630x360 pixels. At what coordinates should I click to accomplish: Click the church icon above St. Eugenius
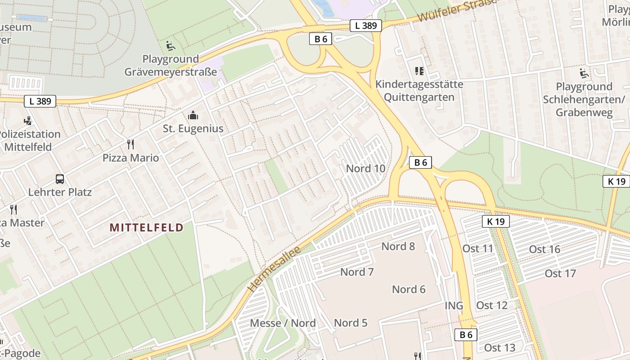193,116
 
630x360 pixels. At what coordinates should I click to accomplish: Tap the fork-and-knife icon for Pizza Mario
131,144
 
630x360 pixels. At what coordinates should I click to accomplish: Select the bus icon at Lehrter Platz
60,179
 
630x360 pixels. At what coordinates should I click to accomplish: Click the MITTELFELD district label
147,228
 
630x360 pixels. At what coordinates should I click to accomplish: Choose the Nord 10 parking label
365,169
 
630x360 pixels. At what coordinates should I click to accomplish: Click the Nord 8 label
398,246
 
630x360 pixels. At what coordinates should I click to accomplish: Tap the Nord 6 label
409,289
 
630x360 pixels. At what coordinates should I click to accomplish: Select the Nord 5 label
351,323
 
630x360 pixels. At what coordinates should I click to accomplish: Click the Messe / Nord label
283,323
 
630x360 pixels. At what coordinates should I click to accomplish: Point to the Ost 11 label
478,248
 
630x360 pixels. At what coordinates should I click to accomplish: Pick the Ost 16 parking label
544,249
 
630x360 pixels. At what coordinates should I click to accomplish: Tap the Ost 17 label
560,274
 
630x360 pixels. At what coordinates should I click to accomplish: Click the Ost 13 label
499,348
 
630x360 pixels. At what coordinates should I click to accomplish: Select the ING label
454,306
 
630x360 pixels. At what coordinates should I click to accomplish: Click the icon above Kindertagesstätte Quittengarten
419,71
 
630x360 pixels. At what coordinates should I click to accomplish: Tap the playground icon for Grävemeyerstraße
171,46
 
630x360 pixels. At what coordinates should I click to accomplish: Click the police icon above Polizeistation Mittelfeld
28,121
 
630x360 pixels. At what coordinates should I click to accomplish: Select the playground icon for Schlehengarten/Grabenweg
584,73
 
